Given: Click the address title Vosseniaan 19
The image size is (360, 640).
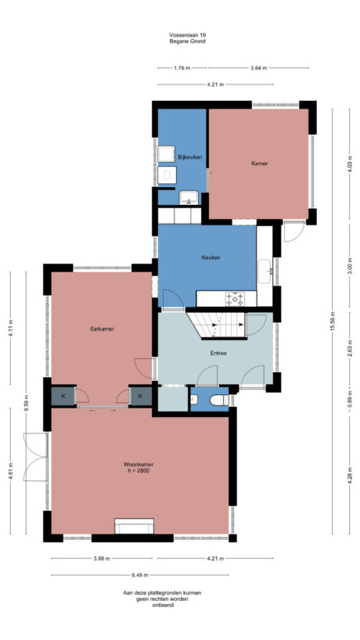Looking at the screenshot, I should point(188,35).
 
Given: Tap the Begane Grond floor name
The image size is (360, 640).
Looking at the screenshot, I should point(188,41).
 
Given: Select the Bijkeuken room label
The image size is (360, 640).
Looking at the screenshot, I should point(190,157).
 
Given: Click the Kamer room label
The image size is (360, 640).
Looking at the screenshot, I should point(260,164).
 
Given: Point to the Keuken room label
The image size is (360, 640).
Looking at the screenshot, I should point(211,257).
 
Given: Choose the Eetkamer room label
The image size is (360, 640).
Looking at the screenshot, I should point(102,329).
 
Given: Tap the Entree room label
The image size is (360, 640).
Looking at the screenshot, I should point(218,353).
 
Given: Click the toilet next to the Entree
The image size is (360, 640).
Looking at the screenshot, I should point(218,401).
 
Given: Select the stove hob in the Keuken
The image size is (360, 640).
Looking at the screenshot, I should point(236,298).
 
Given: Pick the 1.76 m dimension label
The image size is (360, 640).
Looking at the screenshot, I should point(182,68).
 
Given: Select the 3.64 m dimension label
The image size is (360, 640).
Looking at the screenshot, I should point(258,68).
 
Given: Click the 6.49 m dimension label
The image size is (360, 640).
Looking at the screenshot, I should point(163,574).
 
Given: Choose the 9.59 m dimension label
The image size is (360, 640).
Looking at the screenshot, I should point(26,404).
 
